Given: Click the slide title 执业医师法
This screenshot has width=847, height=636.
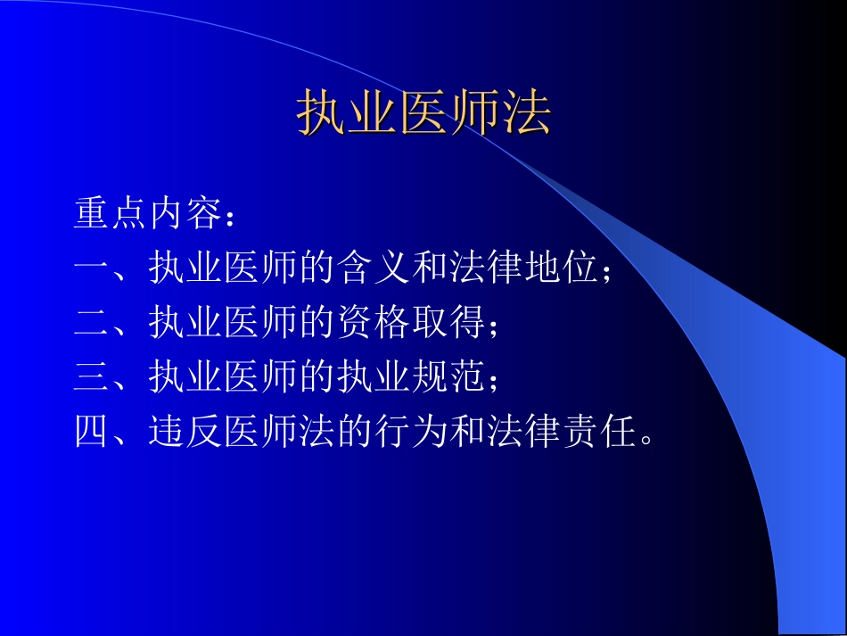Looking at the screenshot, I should coord(423,113).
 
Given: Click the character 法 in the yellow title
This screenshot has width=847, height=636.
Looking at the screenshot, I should coord(526,113).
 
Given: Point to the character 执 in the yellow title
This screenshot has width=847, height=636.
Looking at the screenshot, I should coord(321,113).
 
